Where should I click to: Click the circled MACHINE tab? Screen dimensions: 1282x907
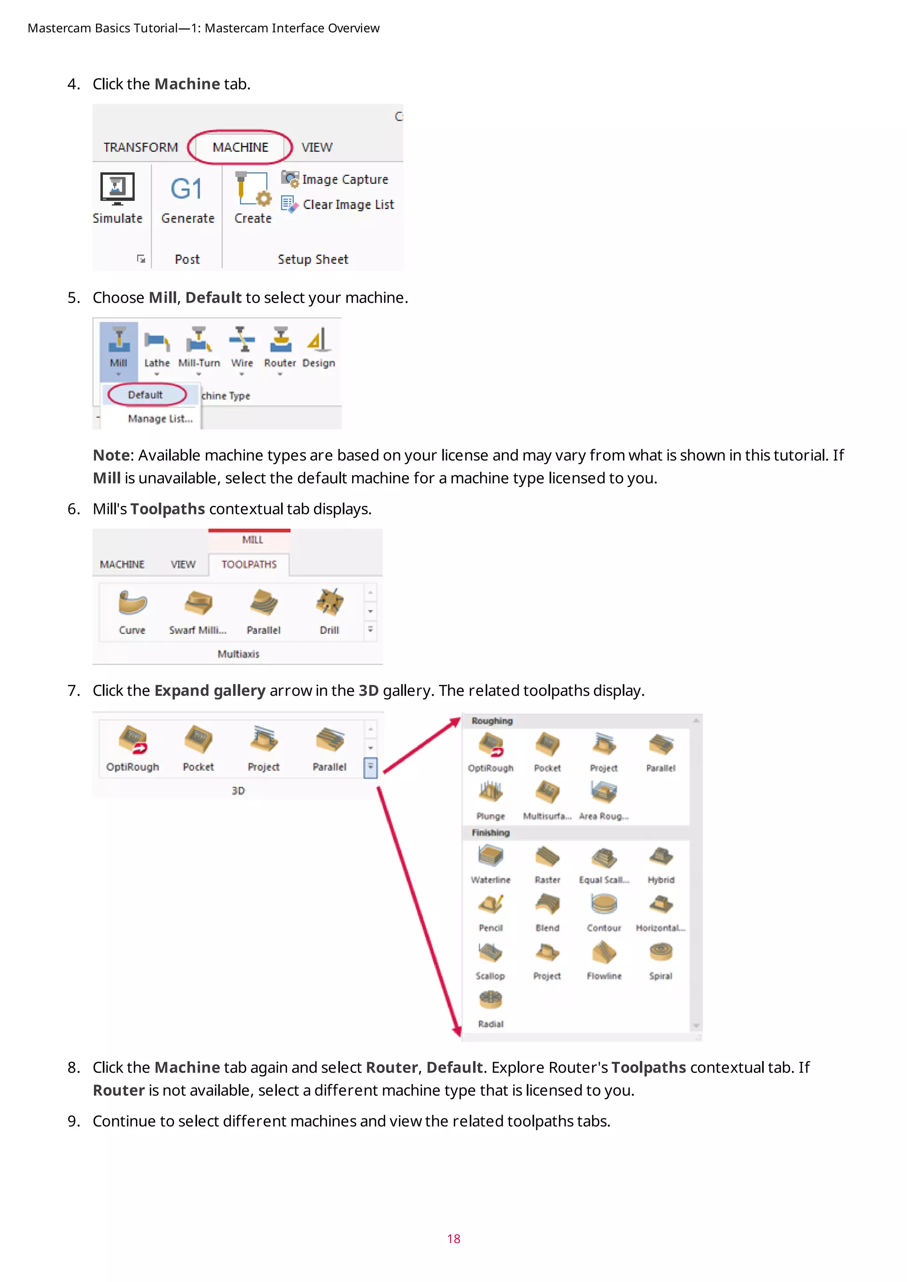(240, 147)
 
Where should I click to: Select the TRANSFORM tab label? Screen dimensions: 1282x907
(140, 147)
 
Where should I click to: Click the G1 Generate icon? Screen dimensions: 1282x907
(186, 189)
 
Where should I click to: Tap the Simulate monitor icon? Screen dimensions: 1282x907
(117, 188)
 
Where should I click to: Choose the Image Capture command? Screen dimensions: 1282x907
(344, 179)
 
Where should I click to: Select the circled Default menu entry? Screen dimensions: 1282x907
(145, 395)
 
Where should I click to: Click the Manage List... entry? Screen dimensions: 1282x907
(160, 419)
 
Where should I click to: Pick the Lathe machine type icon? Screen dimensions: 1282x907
(156, 340)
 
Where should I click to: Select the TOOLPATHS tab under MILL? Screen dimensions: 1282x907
(249, 564)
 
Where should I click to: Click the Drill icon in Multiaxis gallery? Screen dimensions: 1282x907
(329, 603)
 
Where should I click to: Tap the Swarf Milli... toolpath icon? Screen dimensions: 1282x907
(198, 603)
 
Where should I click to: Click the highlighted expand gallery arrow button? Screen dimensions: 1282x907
(370, 767)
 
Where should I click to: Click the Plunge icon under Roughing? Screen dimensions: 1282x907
(490, 793)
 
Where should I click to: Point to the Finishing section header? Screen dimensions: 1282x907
(490, 833)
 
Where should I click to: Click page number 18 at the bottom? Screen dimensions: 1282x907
(453, 1239)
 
